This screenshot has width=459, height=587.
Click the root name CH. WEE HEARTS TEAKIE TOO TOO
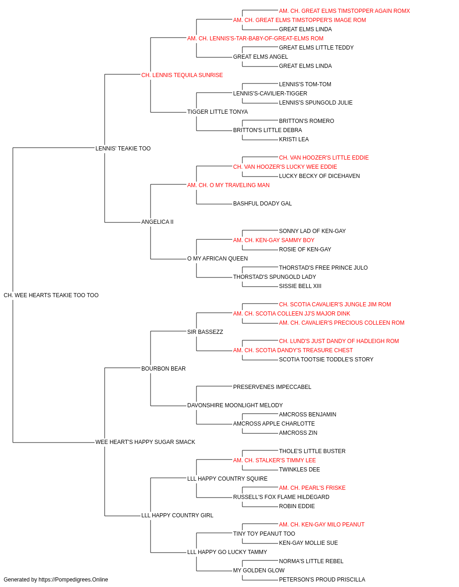pos(51,295)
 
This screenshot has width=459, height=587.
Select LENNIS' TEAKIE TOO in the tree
pos(123,148)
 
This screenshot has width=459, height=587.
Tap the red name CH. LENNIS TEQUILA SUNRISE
pos(182,75)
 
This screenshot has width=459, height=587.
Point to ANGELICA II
pos(157,222)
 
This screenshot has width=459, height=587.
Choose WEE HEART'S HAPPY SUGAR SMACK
pos(145,442)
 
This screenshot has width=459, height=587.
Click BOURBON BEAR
pos(163,368)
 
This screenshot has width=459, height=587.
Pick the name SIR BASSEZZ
pos(205,332)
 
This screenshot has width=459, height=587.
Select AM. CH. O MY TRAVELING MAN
pos(229,185)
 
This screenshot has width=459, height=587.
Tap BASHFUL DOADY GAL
pos(263,204)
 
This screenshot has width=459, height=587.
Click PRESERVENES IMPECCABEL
pos(272,387)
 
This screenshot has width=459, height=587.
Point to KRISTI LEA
pos(294,139)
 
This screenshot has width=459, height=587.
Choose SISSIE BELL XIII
pos(300,286)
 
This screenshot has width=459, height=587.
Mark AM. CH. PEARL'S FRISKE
pos(312,488)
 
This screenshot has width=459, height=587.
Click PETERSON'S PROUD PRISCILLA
pos(322,580)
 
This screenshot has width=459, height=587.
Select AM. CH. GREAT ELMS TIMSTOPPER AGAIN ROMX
pos(344,11)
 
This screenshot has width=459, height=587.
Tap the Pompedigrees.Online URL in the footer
pos(73,580)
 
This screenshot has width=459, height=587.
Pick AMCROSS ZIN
pos(298,433)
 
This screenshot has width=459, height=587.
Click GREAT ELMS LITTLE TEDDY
pos(316,48)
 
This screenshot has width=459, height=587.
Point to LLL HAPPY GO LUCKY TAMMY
pos(227,552)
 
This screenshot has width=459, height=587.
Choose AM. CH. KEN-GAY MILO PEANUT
pos(322,524)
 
